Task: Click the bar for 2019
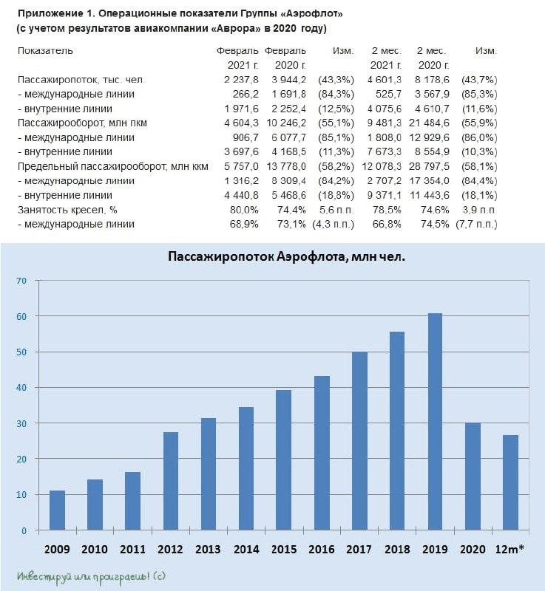tap(435, 422)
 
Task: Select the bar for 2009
tap(58, 510)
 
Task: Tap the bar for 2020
tap(473, 476)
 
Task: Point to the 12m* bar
tap(511, 483)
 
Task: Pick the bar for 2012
tap(171, 482)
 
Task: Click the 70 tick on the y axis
tap(21, 281)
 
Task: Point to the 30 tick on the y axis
tap(21, 423)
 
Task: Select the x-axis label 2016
tap(322, 549)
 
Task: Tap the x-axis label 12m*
tap(510, 549)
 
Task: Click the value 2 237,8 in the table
tap(241, 80)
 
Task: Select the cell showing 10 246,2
tap(286, 123)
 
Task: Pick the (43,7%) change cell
tap(479, 80)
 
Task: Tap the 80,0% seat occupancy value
tap(244, 210)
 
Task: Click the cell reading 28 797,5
tap(429, 167)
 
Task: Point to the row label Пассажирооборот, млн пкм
tap(82, 123)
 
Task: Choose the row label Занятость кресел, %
tap(67, 210)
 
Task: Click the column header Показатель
tap(45, 51)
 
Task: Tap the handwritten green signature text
tap(91, 577)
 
